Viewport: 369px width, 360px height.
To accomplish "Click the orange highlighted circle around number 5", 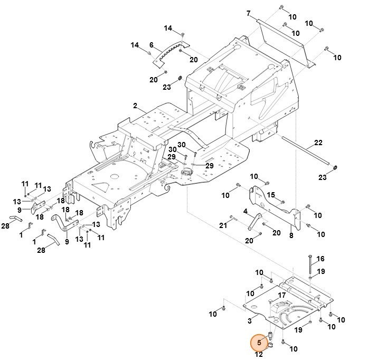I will click(x=259, y=343).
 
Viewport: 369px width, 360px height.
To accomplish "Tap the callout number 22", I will click(x=318, y=143).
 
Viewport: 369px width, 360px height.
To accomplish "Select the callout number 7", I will click(x=248, y=12).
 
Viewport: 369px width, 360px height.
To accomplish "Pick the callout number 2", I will click(x=135, y=106).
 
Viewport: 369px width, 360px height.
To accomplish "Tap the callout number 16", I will click(x=320, y=259).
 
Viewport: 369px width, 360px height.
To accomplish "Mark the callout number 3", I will click(x=249, y=320).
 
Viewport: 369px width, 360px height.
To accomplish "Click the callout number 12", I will click(x=259, y=355).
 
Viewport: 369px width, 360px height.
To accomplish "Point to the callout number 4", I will click(x=245, y=212).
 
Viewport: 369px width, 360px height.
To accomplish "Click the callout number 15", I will click(x=271, y=195).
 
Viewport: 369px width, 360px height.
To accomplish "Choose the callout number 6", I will click(x=152, y=45).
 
